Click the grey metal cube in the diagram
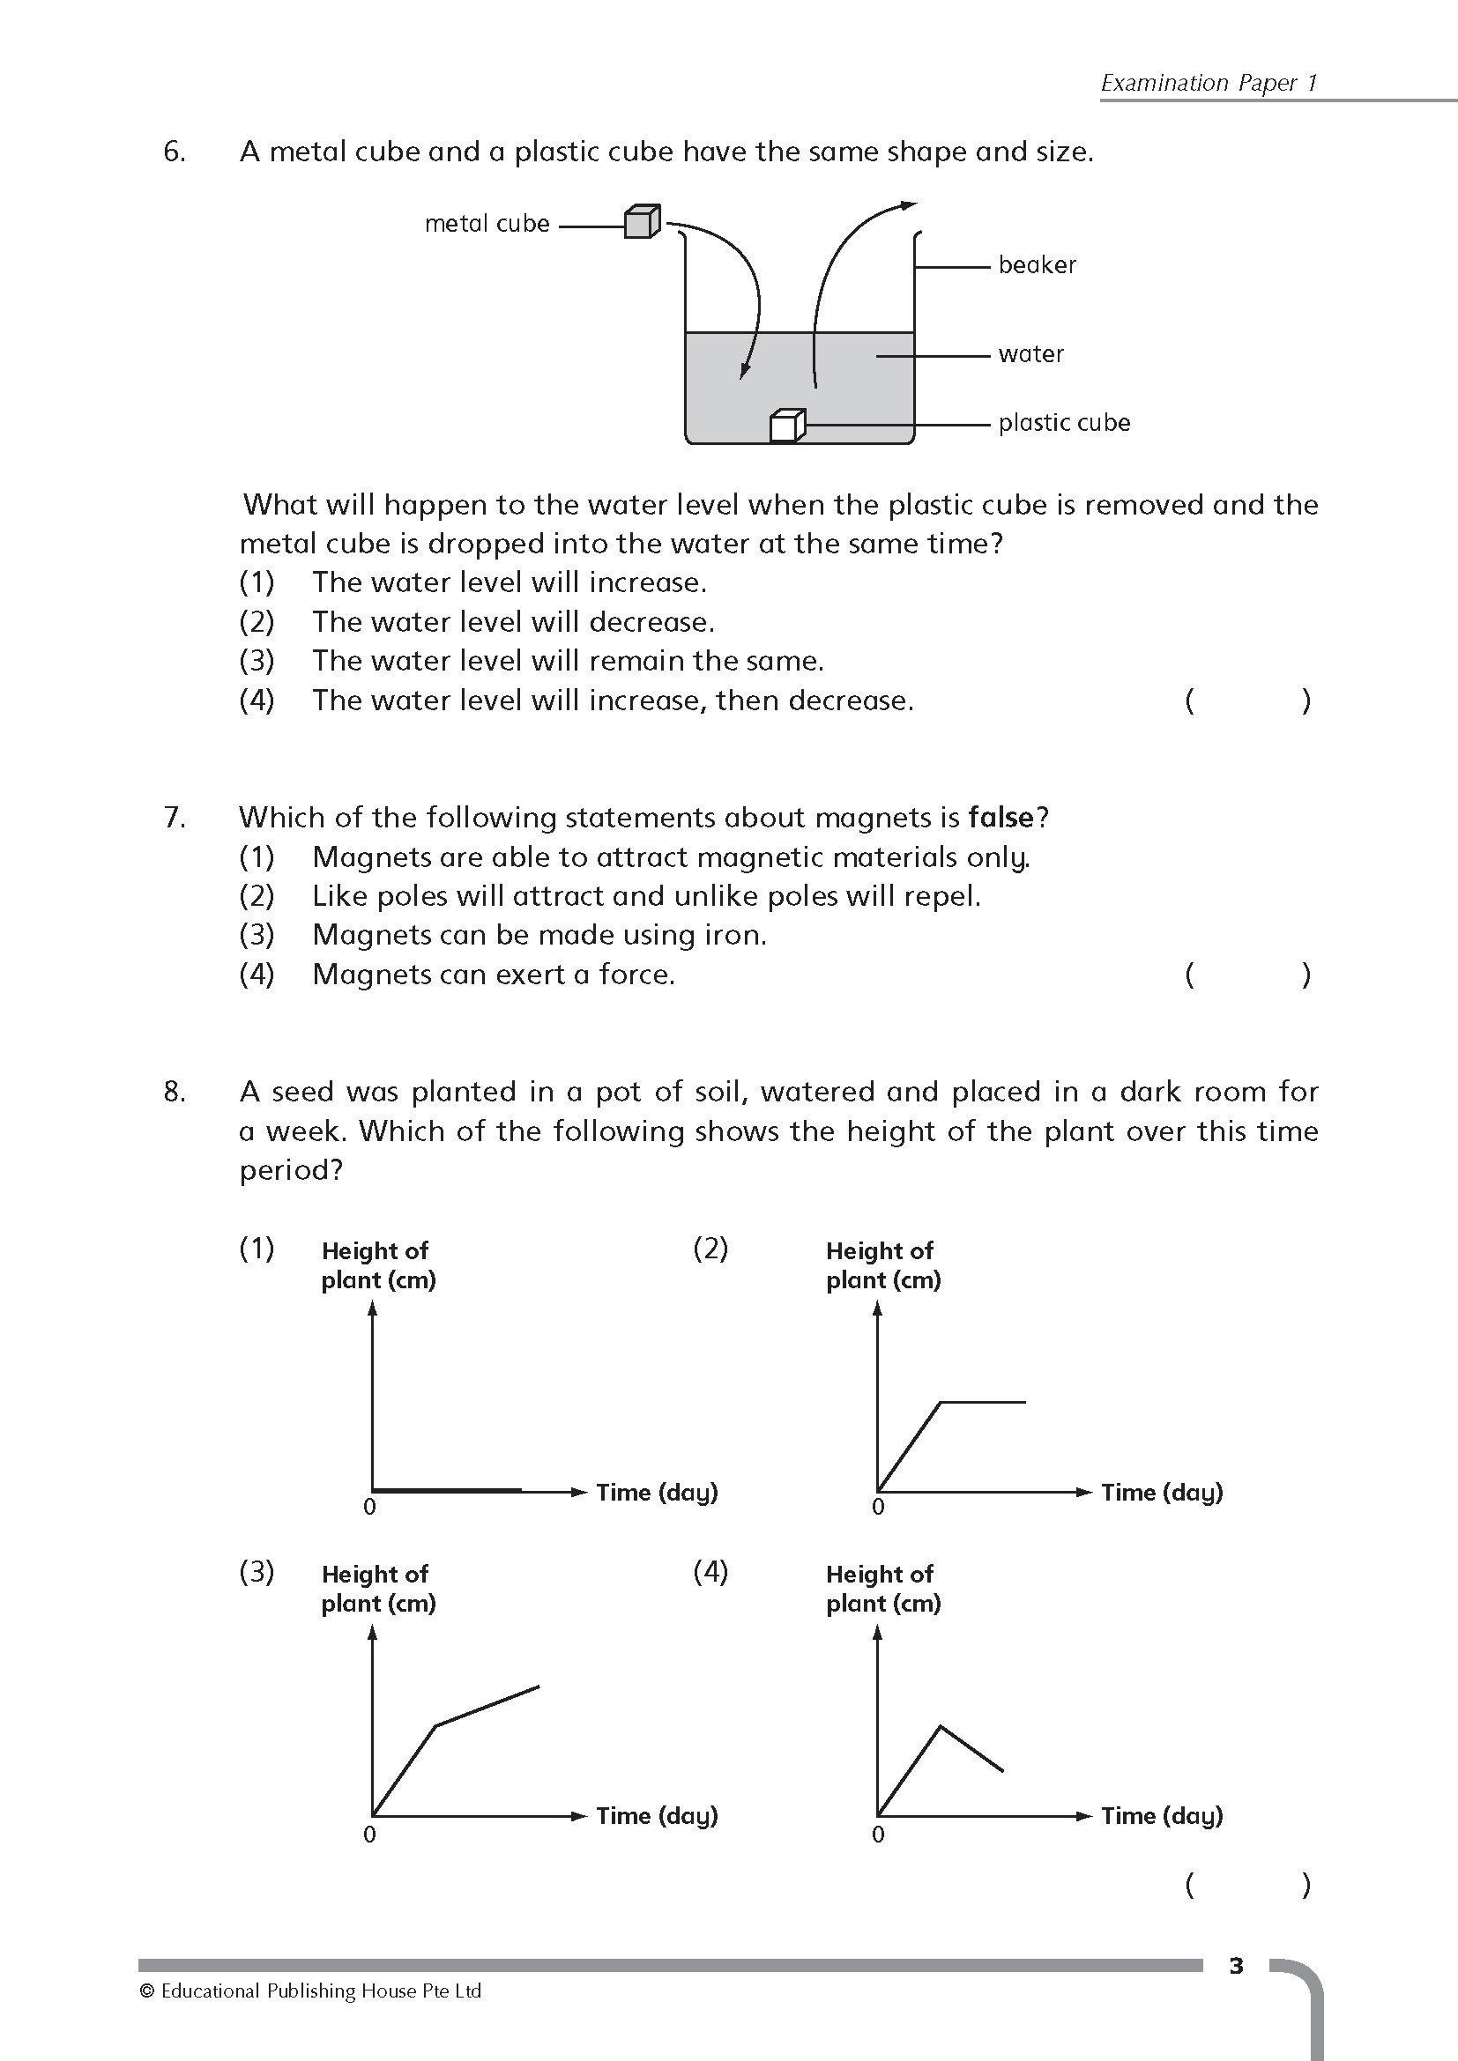coord(642,222)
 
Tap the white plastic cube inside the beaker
coord(787,426)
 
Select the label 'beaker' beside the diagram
coord(1037,265)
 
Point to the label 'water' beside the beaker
coord(1030,353)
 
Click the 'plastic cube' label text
coord(1064,423)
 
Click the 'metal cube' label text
coord(487,224)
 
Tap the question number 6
coord(175,152)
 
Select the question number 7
coord(175,818)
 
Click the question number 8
coord(175,1092)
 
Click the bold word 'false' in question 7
coord(1001,818)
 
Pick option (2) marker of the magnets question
coord(257,896)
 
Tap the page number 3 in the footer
coord(1236,1966)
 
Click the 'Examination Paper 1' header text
coord(1209,84)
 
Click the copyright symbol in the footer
coord(147,1992)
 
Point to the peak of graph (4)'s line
coord(940,1725)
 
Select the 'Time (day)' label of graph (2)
coord(1162,1492)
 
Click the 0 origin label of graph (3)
coord(369,1834)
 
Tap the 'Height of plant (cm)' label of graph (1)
coord(378,1264)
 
